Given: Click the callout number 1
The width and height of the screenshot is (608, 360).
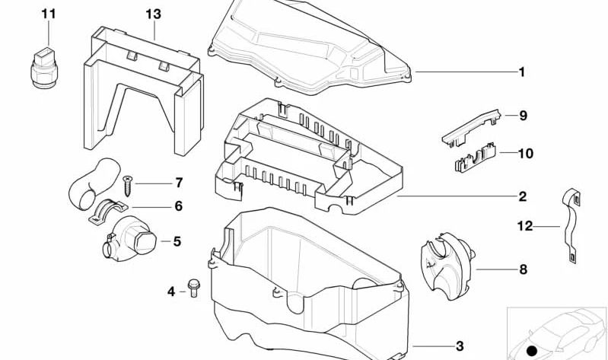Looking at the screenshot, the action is click(x=522, y=72).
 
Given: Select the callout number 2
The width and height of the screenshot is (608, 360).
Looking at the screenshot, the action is click(x=522, y=196).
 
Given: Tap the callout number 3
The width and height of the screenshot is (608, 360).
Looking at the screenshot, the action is click(x=460, y=346).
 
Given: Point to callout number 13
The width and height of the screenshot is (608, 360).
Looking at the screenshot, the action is click(x=153, y=14).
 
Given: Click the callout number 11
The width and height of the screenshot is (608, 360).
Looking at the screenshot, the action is click(x=48, y=14).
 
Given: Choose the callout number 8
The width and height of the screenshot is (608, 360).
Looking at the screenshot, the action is click(x=523, y=269).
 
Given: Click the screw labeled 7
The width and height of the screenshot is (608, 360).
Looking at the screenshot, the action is click(x=127, y=184).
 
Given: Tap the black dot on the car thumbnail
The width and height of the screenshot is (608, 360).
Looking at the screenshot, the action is click(x=533, y=351).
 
